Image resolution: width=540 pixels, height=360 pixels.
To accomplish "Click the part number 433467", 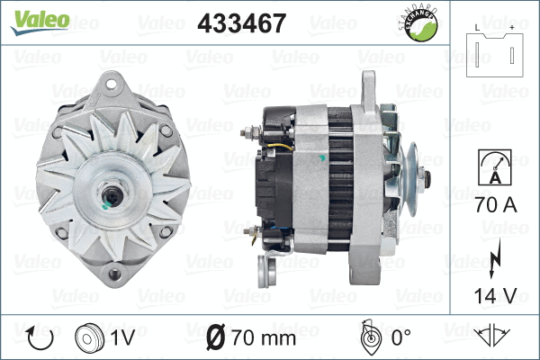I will click(240, 23).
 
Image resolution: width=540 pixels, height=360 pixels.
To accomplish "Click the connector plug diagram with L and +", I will click(496, 53).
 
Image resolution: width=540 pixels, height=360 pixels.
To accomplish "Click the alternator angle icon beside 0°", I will click(367, 337).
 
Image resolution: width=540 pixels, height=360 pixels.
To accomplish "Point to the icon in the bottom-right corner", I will click(493, 338).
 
